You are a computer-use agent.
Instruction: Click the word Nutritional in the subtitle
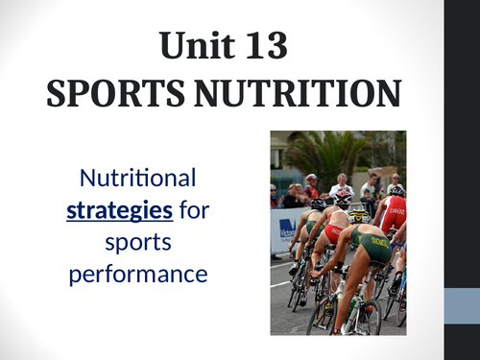pyautogui.click(x=139, y=178)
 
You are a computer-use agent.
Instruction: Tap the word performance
pyautogui.click(x=140, y=274)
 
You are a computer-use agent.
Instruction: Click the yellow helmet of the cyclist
pyautogui.click(x=359, y=216)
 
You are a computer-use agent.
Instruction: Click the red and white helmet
pyautogui.click(x=343, y=199)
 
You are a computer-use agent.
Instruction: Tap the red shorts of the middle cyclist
pyautogui.click(x=333, y=233)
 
